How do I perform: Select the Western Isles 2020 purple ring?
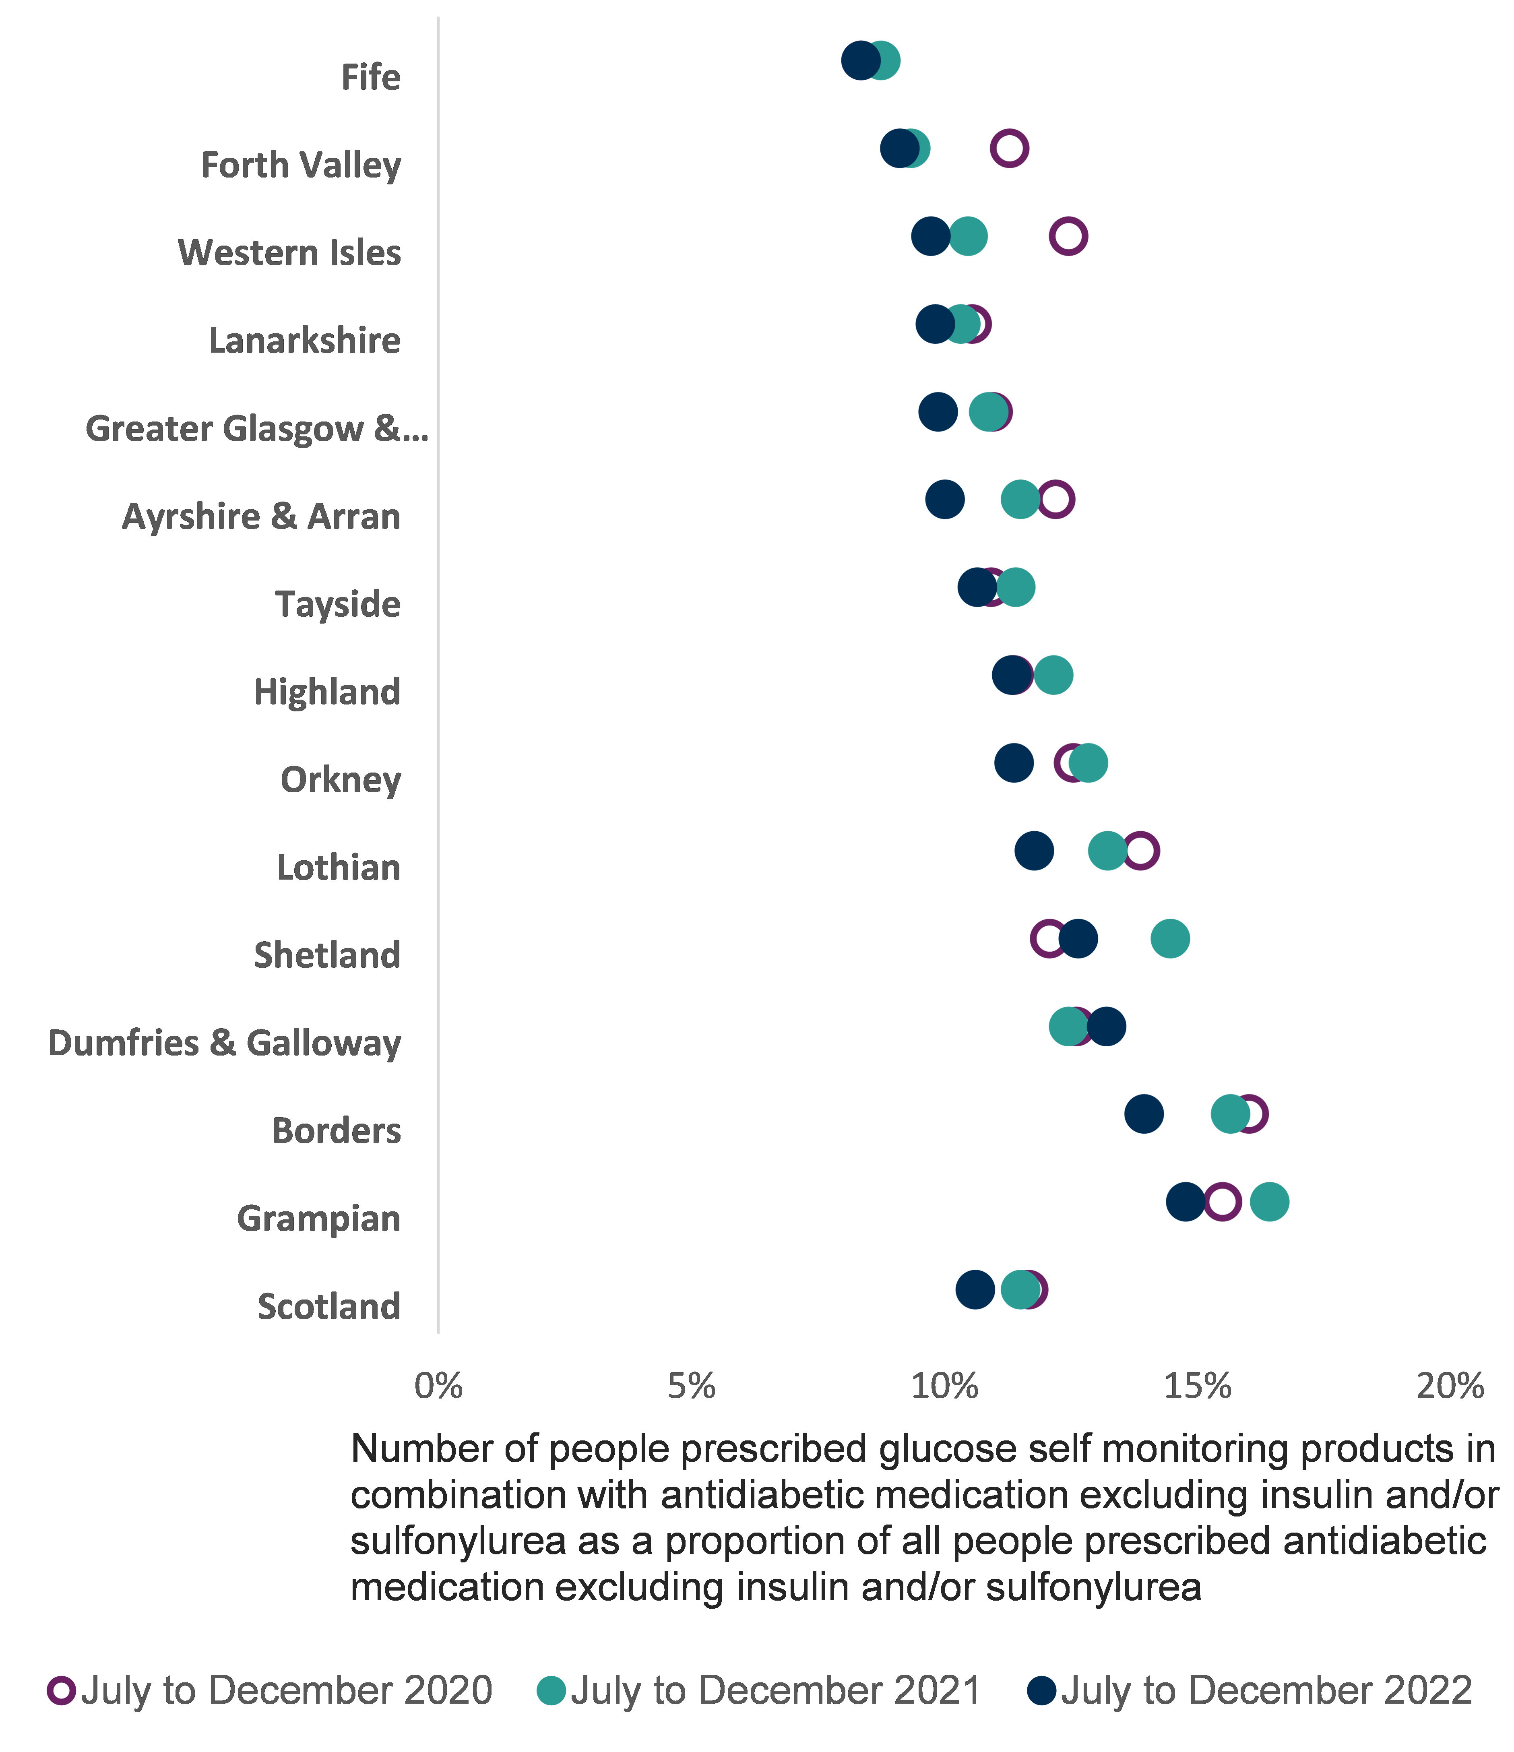point(1068,236)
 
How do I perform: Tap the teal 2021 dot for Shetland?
point(1170,938)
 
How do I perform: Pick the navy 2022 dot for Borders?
point(1144,1114)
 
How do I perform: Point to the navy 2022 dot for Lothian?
point(1034,851)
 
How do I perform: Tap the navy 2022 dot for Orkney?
point(1014,763)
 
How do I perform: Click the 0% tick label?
point(439,1387)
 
